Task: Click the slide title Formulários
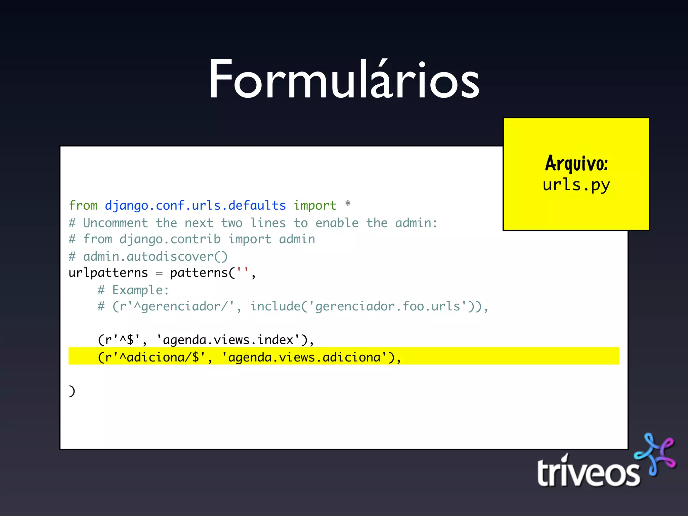coord(344,80)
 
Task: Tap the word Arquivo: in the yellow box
coord(576,164)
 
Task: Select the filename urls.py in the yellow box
coord(576,185)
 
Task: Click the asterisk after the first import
coord(348,204)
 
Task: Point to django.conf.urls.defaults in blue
coord(195,205)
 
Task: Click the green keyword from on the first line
coord(83,205)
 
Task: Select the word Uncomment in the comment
coord(115,223)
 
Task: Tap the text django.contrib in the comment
coord(170,239)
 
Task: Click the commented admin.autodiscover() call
coord(155,257)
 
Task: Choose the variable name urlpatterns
coord(108,273)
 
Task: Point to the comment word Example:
coord(140,290)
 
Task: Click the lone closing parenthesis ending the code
coord(72,391)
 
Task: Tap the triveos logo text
coord(588,473)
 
